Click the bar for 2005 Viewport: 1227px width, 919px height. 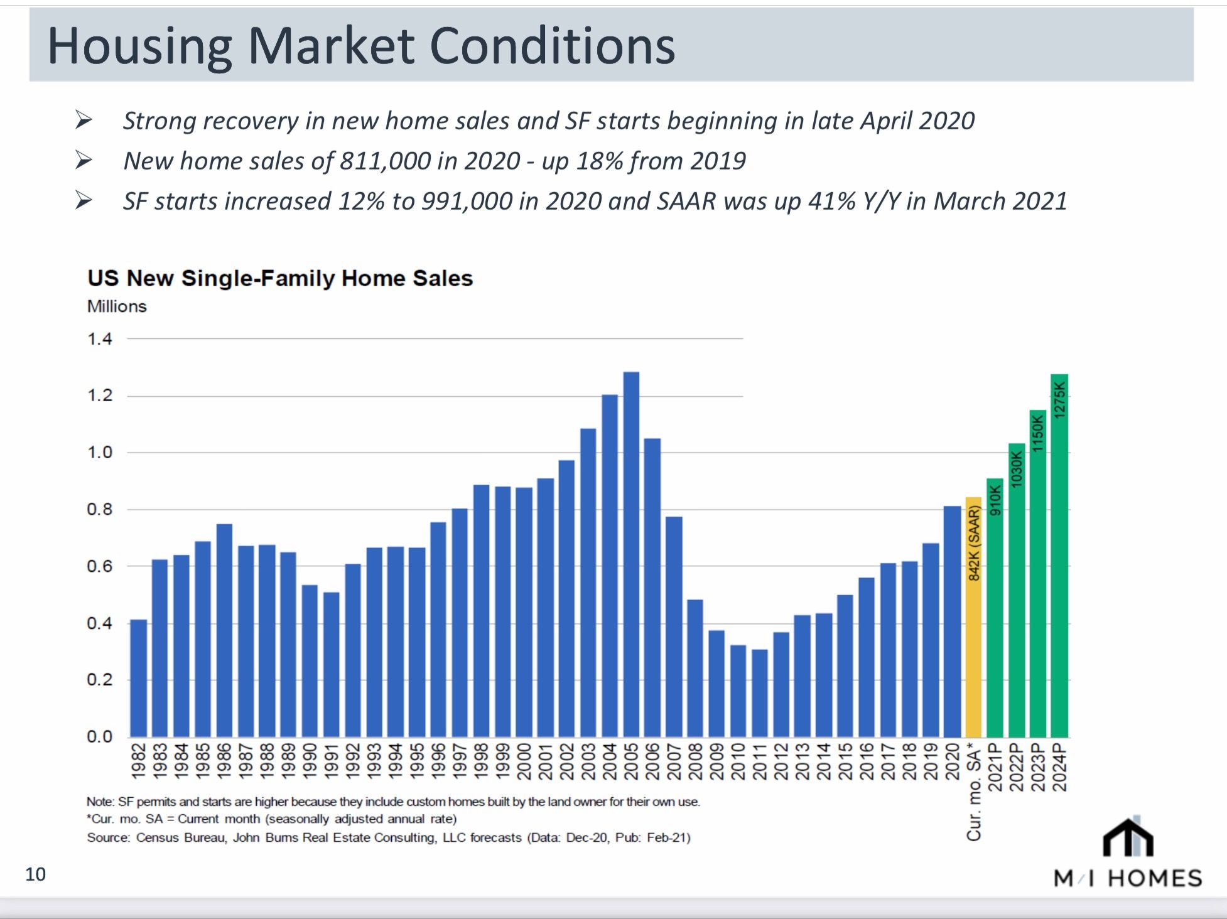click(x=631, y=554)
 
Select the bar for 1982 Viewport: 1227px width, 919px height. click(x=138, y=679)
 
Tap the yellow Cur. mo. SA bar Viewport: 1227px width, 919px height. click(x=973, y=617)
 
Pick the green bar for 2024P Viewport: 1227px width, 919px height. click(x=1059, y=556)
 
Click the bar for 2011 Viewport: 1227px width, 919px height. click(x=760, y=693)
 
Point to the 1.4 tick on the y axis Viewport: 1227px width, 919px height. click(x=99, y=339)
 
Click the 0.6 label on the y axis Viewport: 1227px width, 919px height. click(x=99, y=566)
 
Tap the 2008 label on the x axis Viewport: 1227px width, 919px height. click(x=695, y=761)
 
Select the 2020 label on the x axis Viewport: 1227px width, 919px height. click(x=953, y=761)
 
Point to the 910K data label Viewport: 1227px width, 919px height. click(x=995, y=500)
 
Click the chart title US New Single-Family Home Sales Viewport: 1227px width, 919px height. click(x=280, y=278)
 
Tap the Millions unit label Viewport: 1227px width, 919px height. click(x=117, y=306)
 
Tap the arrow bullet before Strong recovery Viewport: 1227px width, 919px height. click(x=84, y=119)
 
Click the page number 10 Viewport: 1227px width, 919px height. click(x=35, y=874)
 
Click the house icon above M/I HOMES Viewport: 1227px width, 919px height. click(x=1128, y=836)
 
